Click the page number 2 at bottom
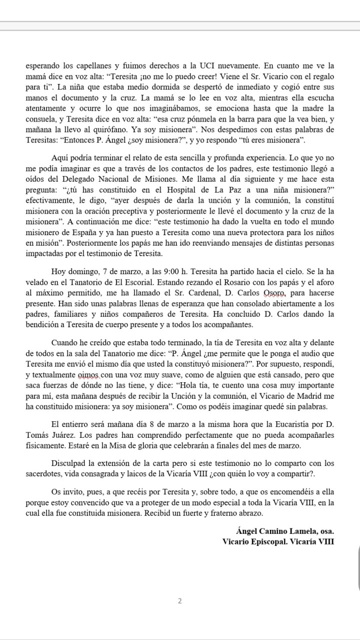tap(180, 601)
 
